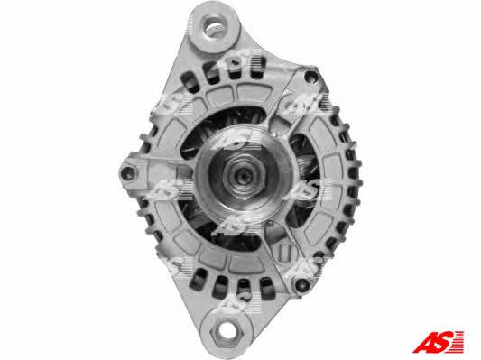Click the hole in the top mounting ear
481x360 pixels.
(x=215, y=27)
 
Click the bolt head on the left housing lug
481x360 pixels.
(x=128, y=173)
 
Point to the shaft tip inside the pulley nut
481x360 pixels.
(x=245, y=176)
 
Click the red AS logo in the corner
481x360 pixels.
(x=438, y=342)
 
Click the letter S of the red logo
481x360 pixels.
(x=444, y=342)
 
